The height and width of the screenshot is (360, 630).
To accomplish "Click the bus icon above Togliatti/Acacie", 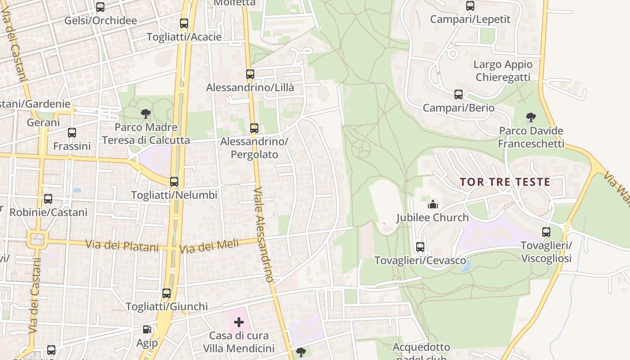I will point(184,23).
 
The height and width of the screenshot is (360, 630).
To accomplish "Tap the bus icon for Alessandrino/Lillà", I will point(250,74).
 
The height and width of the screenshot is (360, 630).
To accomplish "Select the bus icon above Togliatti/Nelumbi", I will point(174,182).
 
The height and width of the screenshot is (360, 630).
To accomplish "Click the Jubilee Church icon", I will point(433,204).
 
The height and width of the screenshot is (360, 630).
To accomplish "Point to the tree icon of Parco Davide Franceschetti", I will point(531,118).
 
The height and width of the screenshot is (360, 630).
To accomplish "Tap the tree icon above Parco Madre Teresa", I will point(146,114).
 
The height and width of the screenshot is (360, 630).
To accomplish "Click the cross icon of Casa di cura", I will point(239,322).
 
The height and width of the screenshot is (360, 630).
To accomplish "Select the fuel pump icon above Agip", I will point(147,330).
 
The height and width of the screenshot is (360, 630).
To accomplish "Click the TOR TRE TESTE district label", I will point(505,182).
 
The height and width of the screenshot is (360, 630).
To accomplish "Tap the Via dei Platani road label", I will point(122,246).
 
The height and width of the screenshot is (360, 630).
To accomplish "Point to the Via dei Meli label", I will point(208,246).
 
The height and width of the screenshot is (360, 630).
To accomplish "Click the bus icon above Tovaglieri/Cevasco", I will point(420,247).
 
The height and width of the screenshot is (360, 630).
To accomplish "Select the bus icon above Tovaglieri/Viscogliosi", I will point(546,232).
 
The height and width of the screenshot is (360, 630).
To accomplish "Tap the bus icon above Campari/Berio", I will point(459,94).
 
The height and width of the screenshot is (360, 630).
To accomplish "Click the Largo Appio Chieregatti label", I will point(503,71).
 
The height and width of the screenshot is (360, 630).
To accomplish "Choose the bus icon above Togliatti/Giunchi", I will point(166,293).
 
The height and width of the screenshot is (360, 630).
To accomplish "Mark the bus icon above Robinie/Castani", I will point(48,198).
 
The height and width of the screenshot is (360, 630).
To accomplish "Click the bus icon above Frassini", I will point(72,133).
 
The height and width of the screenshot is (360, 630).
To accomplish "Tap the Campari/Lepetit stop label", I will point(470,19).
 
